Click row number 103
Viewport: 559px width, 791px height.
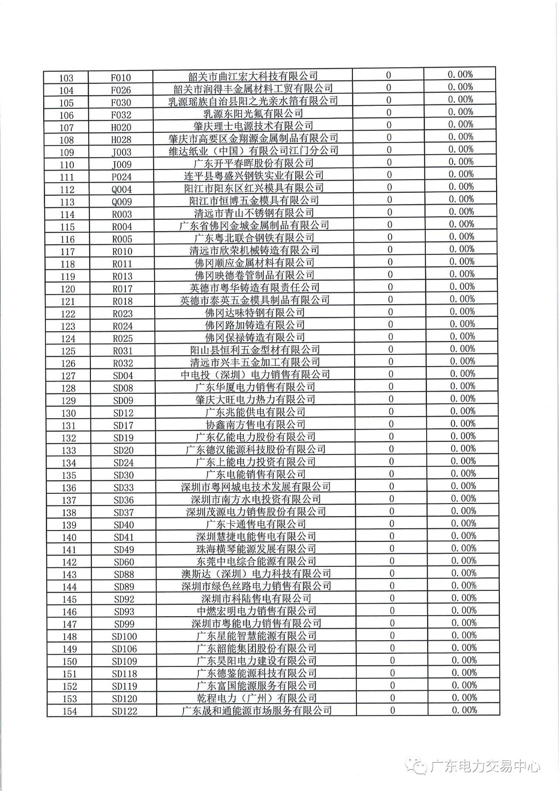point(66,78)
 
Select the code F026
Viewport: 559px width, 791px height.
point(121,90)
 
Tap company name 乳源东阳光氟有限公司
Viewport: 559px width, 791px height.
point(253,113)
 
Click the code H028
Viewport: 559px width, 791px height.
point(121,140)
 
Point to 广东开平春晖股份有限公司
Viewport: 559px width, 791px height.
point(254,163)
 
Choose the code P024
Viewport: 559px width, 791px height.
point(121,177)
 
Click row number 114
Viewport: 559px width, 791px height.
point(68,215)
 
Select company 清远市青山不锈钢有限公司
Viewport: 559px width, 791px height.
point(254,213)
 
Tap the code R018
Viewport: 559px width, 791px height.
point(122,301)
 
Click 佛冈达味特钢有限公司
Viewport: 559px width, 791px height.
point(255,312)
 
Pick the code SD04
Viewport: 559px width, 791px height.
point(123,376)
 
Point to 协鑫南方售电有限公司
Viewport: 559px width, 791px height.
point(255,424)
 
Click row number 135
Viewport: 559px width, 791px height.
point(69,475)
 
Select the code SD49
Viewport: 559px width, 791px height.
point(124,550)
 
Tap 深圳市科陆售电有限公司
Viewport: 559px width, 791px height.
point(256,598)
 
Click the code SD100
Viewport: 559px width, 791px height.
point(124,637)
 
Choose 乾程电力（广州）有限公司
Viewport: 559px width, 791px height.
point(257,698)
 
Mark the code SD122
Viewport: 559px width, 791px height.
point(124,711)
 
